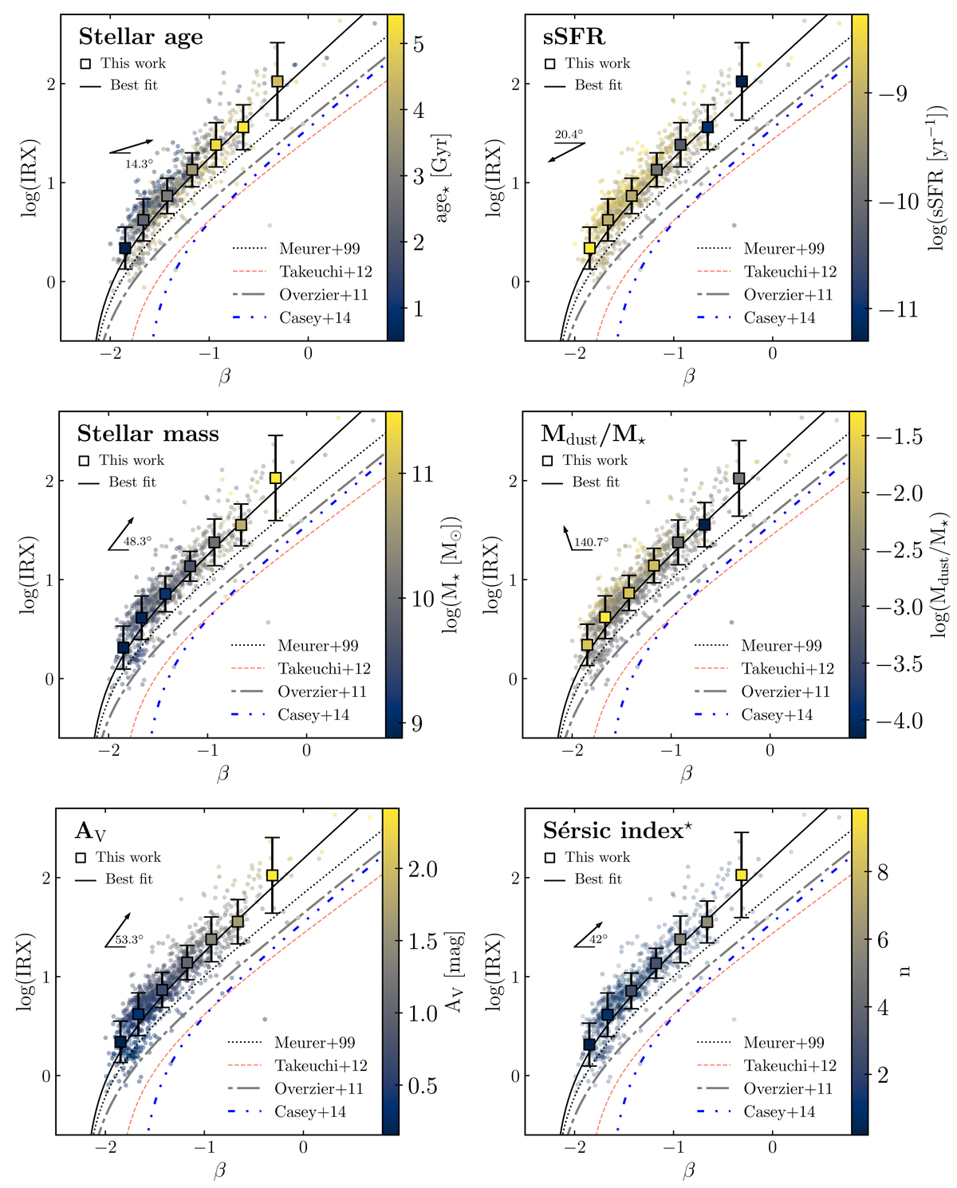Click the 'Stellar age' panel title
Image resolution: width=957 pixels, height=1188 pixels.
pyautogui.click(x=140, y=37)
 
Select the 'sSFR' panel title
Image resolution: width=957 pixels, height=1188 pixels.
pyautogui.click(x=574, y=37)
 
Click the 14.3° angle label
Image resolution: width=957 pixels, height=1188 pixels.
pyautogui.click(x=138, y=164)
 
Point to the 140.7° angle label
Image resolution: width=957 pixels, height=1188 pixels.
pyautogui.click(x=591, y=542)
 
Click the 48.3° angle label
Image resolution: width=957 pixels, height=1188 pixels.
pyautogui.click(x=137, y=541)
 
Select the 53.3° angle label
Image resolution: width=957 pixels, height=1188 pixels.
pyautogui.click(x=129, y=939)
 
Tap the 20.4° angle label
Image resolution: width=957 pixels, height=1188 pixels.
pyautogui.click(x=569, y=135)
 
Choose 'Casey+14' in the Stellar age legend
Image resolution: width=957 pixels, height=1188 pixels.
pyautogui.click(x=315, y=318)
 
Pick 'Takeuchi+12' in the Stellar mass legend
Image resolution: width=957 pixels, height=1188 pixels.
pyautogui.click(x=324, y=669)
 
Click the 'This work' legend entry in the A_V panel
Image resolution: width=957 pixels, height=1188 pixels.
pyautogui.click(x=128, y=857)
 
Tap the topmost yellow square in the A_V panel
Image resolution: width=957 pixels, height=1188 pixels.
pyautogui.click(x=272, y=875)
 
